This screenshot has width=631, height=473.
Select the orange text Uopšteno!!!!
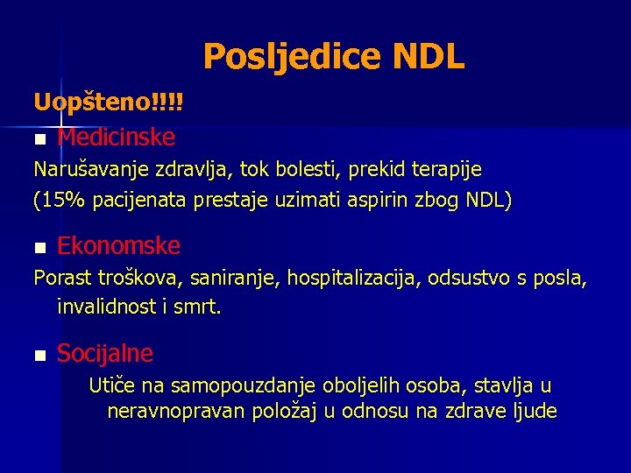pyautogui.click(x=109, y=103)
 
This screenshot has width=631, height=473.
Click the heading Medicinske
pyautogui.click(x=116, y=138)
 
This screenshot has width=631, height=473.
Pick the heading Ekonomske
pyautogui.click(x=118, y=245)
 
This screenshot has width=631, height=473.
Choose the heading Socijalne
pyautogui.click(x=105, y=353)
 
